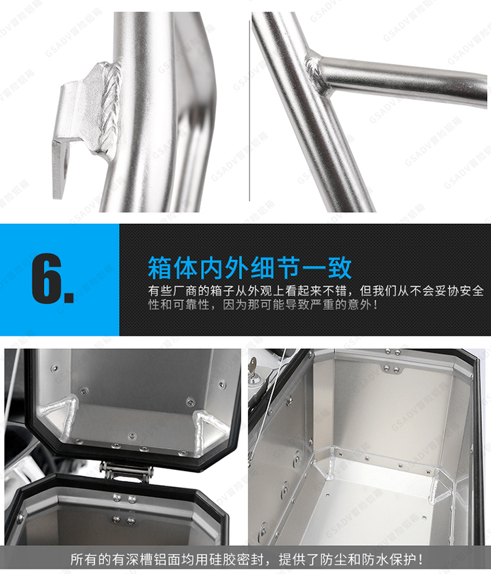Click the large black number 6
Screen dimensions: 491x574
46,278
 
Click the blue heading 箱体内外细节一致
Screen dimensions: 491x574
249,268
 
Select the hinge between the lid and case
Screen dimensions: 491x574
126,471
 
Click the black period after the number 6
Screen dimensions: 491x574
69,297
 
